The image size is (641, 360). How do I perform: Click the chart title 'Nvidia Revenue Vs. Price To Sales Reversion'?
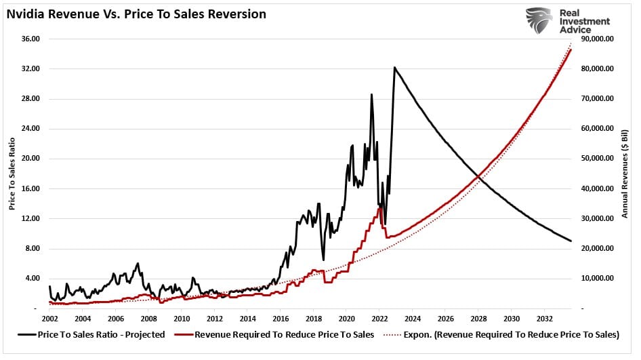[136, 14]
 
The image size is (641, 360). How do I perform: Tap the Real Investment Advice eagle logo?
[539, 21]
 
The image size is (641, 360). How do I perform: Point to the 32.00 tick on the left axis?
[30, 69]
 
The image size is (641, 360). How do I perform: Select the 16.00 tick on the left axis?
[30, 188]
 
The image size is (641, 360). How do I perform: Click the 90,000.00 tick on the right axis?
[597, 39]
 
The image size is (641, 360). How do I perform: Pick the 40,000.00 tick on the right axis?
[597, 188]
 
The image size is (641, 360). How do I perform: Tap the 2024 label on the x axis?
[413, 319]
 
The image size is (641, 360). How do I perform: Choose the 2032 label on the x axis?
[545, 319]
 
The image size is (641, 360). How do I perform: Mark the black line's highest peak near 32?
[394, 67]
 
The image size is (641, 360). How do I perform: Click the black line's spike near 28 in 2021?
[371, 94]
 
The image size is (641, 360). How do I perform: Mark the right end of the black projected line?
[571, 241]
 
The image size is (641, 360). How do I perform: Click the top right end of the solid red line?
[571, 49]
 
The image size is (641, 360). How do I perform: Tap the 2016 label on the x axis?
[281, 319]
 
